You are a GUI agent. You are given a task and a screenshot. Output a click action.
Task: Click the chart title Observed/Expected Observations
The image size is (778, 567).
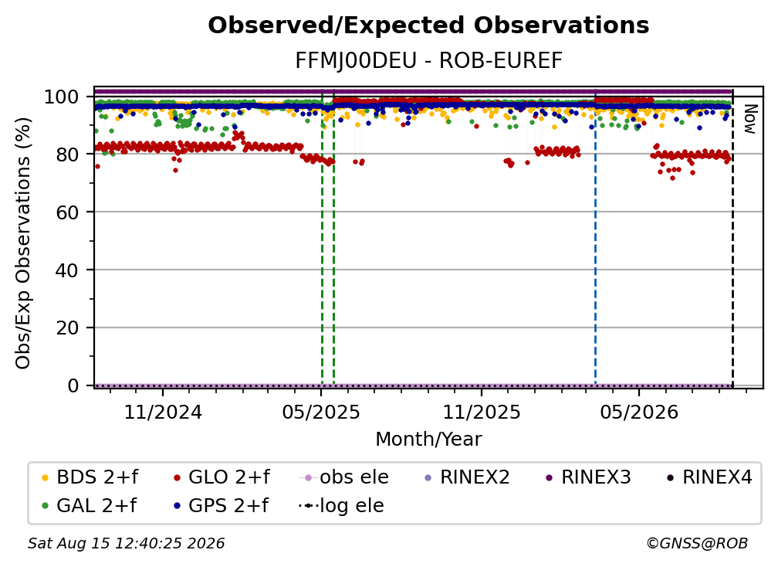pyautogui.click(x=428, y=25)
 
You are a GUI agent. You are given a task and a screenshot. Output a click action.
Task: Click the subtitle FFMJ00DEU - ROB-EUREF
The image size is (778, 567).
pyautogui.click(x=428, y=61)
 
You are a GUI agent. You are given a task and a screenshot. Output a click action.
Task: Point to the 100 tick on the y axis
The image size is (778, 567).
pyautogui.click(x=61, y=97)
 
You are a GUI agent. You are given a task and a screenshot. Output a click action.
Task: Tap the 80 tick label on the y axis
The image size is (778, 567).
pyautogui.click(x=67, y=154)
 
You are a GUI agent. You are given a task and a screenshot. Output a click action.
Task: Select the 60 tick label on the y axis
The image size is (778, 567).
pyautogui.click(x=67, y=212)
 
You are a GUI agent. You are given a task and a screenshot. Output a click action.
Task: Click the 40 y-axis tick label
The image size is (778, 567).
pyautogui.click(x=67, y=270)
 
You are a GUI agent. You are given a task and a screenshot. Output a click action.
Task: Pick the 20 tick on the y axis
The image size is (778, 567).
pyautogui.click(x=67, y=328)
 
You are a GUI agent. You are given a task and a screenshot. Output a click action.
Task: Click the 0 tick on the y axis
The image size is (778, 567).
pyautogui.click(x=73, y=385)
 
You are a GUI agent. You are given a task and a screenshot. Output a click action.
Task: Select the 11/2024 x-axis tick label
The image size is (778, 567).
pyautogui.click(x=163, y=412)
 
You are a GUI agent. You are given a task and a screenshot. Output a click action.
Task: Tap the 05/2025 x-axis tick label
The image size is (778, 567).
pyautogui.click(x=321, y=412)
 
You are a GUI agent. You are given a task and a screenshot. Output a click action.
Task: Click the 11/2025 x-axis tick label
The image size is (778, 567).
pyautogui.click(x=482, y=412)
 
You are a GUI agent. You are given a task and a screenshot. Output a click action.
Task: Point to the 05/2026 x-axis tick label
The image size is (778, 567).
pyautogui.click(x=639, y=412)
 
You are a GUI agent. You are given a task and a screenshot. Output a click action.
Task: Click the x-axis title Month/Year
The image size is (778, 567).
pyautogui.click(x=428, y=440)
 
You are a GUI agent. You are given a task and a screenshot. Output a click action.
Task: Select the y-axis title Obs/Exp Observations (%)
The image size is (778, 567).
pyautogui.click(x=23, y=243)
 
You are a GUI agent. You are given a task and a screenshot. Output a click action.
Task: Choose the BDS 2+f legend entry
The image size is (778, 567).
pyautogui.click(x=90, y=477)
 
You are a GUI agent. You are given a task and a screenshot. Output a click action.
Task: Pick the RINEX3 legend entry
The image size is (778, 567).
pyautogui.click(x=588, y=477)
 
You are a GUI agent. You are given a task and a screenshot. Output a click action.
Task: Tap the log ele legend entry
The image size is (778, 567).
pyautogui.click(x=341, y=506)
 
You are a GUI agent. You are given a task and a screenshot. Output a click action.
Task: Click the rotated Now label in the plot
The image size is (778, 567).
pyautogui.click(x=749, y=119)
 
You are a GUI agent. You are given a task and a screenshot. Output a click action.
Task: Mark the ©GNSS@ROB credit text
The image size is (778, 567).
pyautogui.click(x=697, y=544)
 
